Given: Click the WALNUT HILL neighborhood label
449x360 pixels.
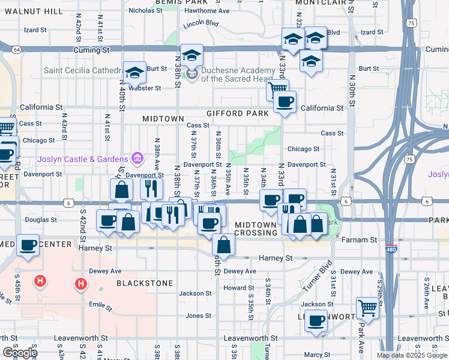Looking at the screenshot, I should point(32,11).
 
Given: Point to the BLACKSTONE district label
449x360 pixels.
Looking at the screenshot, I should point(145,283).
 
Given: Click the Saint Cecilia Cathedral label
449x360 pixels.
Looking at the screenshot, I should point(83,71).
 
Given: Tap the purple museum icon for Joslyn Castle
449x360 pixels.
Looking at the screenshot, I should point(137,159).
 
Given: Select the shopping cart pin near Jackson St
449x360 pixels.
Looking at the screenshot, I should point(367,308).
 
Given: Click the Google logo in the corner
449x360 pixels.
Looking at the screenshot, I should point(20,353).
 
